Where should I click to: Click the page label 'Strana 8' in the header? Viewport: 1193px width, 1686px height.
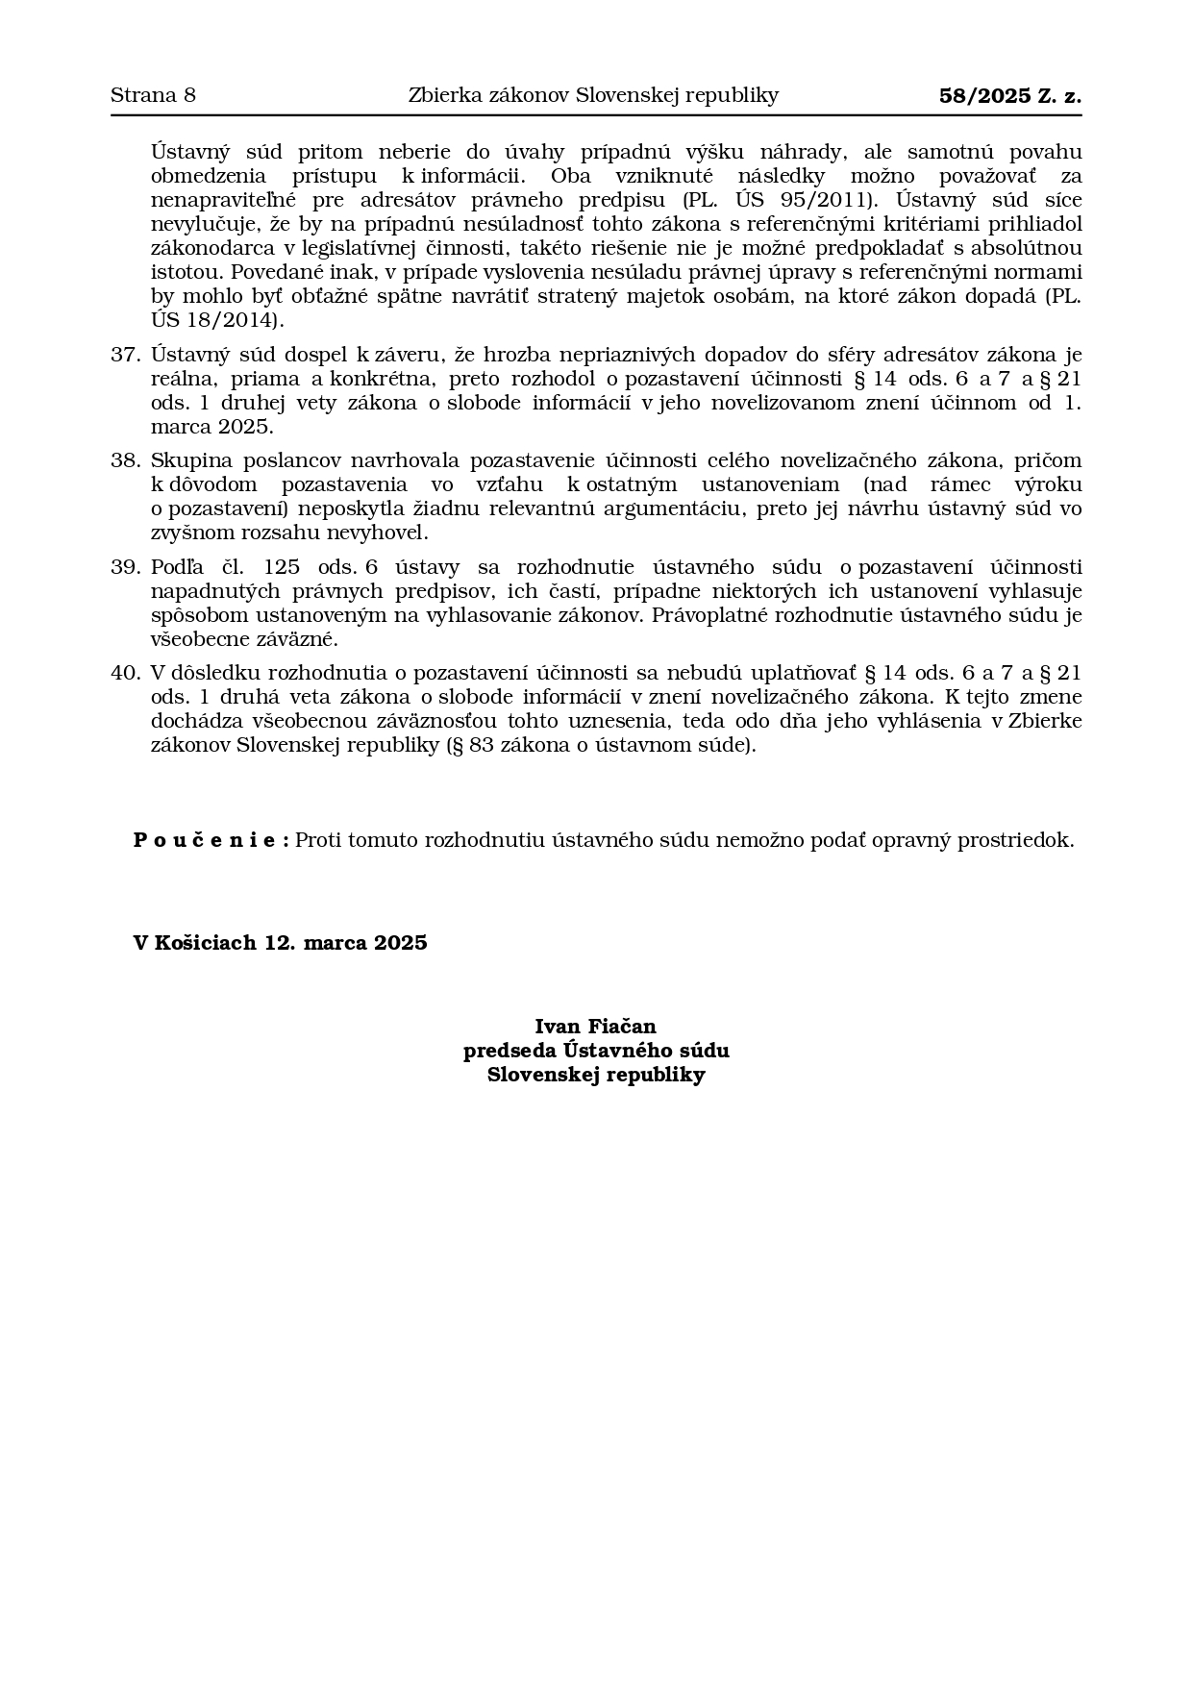click(153, 95)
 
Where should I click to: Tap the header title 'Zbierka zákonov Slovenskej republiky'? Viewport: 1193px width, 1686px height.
click(593, 95)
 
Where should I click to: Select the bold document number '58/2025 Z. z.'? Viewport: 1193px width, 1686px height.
click(1009, 95)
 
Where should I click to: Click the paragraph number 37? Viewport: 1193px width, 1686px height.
click(125, 355)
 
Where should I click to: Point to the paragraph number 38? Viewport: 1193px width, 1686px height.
click(125, 460)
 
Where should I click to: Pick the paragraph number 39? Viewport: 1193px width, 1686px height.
click(125, 567)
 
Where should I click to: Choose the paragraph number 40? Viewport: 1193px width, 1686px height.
click(125, 673)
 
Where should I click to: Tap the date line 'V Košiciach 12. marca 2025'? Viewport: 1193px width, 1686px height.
click(280, 943)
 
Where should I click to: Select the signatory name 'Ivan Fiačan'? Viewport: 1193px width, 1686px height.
click(595, 1027)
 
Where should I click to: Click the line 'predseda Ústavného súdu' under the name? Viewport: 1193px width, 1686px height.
click(595, 1051)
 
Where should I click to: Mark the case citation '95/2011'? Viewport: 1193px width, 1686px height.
click(831, 200)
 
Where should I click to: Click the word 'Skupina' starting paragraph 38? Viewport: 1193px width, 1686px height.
click(184, 460)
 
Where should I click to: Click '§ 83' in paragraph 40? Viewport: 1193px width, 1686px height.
click(471, 745)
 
